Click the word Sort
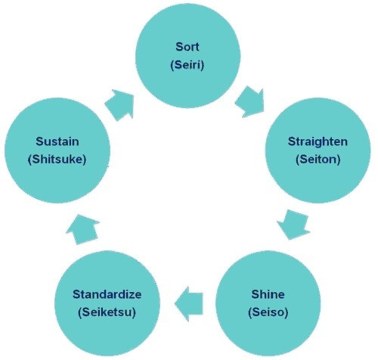click(x=187, y=47)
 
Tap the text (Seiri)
click(x=187, y=65)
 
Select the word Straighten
click(x=318, y=141)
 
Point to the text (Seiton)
click(x=318, y=160)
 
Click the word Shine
click(x=268, y=294)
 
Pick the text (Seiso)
click(x=268, y=312)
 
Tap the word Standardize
click(x=107, y=294)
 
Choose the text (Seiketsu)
click(x=107, y=312)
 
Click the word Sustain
click(x=57, y=141)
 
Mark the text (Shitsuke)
click(x=57, y=160)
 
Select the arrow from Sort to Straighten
click(x=250, y=102)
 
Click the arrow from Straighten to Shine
click(x=293, y=225)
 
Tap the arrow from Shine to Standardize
click(x=189, y=304)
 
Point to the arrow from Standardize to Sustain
click(x=83, y=229)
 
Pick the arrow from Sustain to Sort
click(x=119, y=104)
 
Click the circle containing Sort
click(x=187, y=56)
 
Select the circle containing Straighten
click(x=318, y=151)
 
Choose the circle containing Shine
click(x=268, y=303)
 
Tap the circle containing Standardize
click(x=107, y=303)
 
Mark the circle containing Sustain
click(x=57, y=151)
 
